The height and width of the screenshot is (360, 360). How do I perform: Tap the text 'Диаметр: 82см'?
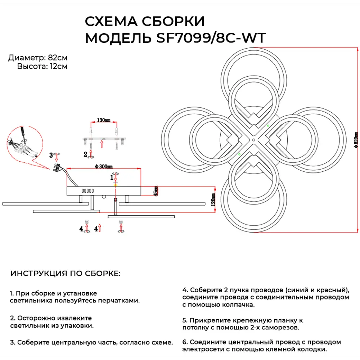[x=38, y=58]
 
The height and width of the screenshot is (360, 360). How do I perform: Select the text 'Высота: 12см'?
[x=42, y=66]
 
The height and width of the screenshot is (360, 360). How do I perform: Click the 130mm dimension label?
[x=103, y=120]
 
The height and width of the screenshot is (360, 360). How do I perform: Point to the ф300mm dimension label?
[x=104, y=166]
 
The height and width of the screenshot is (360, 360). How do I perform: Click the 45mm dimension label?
[x=156, y=191]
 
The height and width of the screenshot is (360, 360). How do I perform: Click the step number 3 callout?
[x=51, y=155]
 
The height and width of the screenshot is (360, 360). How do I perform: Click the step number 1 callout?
[x=112, y=177]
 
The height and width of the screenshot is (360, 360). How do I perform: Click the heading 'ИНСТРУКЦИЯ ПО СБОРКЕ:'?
[x=66, y=273]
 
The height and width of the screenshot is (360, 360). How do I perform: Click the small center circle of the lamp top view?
[x=253, y=139]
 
